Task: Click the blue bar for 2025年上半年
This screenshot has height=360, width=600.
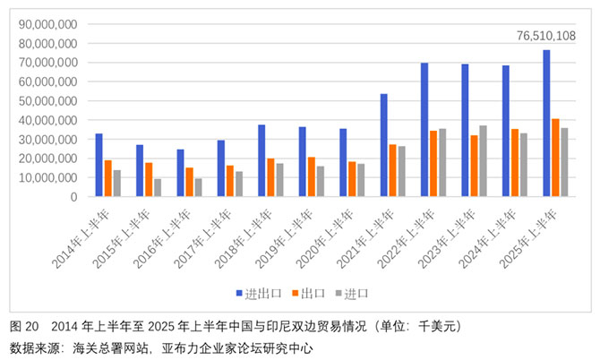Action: click(x=546, y=124)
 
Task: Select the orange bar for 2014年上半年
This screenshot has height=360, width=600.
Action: click(x=107, y=178)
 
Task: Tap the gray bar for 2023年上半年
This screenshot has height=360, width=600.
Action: click(x=483, y=161)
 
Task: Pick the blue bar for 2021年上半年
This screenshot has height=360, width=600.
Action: click(x=384, y=145)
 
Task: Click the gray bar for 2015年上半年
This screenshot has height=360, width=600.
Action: click(x=158, y=188)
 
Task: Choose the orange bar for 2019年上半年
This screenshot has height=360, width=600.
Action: click(x=312, y=176)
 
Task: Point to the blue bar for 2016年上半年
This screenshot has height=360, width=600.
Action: click(x=180, y=173)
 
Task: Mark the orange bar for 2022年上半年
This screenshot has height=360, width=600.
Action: click(x=433, y=164)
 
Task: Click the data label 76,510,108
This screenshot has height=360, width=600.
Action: click(x=546, y=36)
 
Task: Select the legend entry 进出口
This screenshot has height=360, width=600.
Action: click(x=259, y=294)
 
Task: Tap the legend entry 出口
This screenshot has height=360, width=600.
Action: click(x=308, y=294)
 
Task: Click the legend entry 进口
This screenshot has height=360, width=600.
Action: click(x=352, y=294)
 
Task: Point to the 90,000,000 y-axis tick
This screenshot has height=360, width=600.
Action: click(x=47, y=24)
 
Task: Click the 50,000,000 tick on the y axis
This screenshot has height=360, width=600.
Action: click(x=47, y=101)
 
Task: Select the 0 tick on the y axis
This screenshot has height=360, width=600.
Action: click(x=73, y=197)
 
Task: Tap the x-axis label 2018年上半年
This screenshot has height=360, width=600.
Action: click(x=243, y=239)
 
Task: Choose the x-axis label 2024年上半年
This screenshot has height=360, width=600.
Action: click(x=487, y=239)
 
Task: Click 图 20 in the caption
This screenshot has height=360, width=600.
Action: click(x=24, y=326)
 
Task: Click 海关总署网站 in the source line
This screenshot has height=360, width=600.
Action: click(x=110, y=348)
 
